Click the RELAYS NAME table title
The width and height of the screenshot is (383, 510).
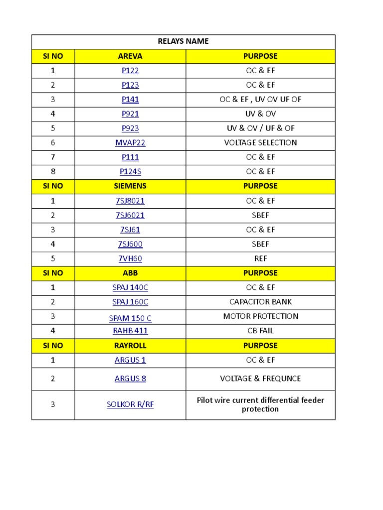(183, 41)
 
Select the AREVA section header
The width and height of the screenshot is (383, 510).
(130, 56)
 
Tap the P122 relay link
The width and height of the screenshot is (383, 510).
(130, 71)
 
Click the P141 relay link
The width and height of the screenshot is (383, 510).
(130, 100)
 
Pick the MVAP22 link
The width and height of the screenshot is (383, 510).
(130, 143)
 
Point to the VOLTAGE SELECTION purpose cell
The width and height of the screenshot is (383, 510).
(260, 143)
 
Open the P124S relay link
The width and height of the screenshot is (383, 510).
(130, 172)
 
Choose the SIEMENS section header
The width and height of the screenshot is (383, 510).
(130, 186)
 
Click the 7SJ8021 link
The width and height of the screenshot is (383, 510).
(130, 201)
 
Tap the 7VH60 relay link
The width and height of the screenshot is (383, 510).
(130, 259)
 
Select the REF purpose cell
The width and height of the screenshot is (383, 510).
(260, 259)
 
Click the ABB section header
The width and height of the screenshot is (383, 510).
(130, 273)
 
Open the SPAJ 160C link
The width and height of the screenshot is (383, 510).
(130, 302)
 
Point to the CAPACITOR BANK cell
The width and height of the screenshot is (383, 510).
(260, 302)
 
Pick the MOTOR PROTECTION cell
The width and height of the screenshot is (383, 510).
(260, 317)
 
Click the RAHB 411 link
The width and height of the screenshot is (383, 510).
(130, 331)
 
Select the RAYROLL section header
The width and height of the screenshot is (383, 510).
(130, 346)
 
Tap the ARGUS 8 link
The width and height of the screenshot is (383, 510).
(130, 379)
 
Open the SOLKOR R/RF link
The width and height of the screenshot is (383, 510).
(130, 405)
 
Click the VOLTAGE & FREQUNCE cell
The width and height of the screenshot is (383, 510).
(260, 379)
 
